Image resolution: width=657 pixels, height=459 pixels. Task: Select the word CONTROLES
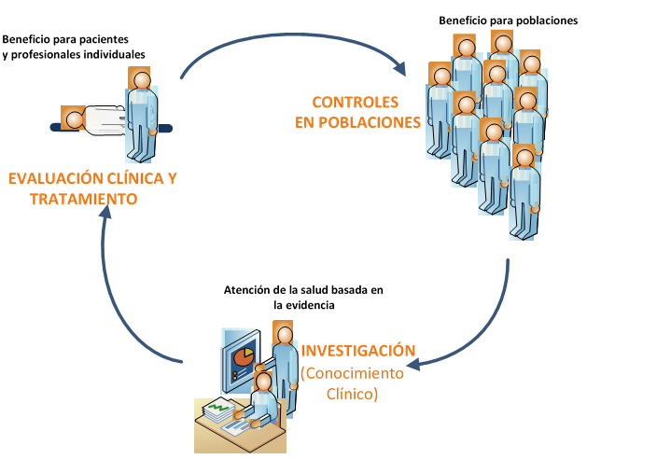pos(355,102)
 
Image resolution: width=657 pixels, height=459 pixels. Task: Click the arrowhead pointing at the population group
pos(398,70)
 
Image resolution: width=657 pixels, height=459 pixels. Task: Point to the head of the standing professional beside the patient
pos(141,79)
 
